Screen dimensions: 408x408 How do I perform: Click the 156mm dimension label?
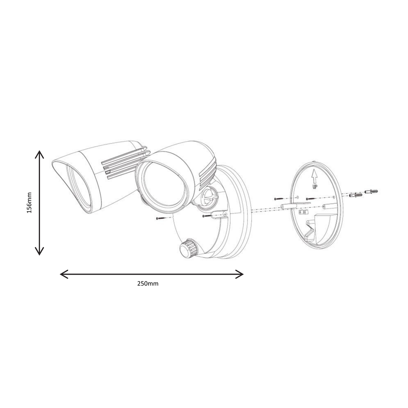pos(29,203)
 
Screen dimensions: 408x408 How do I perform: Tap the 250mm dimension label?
pos(148,284)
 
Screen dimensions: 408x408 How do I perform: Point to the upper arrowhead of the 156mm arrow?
pos(39,155)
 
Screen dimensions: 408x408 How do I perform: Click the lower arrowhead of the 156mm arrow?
pos(39,251)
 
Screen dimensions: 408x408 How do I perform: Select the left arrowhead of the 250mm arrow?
pos(64,274)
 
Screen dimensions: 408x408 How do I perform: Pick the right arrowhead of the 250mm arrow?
pos(239,274)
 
